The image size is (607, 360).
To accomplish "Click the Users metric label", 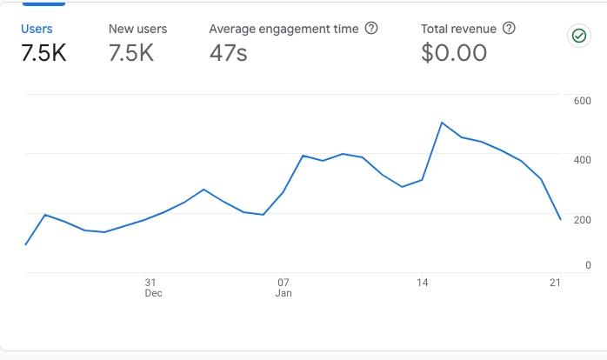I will (37, 29).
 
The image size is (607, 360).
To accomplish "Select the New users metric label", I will (137, 29).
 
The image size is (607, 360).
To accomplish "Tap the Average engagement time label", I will (283, 29).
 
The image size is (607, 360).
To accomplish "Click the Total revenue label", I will (459, 29).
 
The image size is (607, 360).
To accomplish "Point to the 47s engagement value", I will (229, 53).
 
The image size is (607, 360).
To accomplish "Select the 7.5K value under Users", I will (43, 53).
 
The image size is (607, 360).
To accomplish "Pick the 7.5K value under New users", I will (131, 53).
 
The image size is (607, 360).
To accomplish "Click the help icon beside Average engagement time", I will (371, 29).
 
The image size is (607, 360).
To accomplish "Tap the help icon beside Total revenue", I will (510, 29).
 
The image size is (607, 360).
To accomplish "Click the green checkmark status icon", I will (578, 36).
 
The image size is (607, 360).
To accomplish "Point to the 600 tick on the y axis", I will (582, 102).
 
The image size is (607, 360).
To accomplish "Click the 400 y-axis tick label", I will (582, 161).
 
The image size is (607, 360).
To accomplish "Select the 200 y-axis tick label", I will (582, 220).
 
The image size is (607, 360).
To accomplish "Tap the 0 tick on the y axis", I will (588, 265).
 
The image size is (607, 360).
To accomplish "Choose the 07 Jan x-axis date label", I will (283, 288).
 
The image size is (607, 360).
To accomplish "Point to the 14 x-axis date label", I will (423, 283).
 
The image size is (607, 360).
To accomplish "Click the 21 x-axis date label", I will (554, 283).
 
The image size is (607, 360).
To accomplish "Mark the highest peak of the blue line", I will (443, 123).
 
